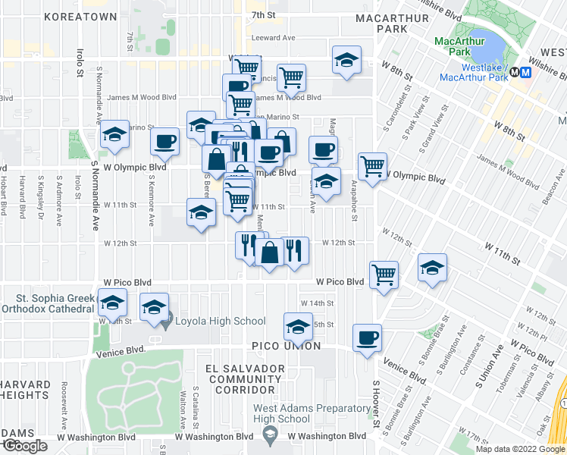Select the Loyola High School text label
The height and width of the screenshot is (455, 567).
(221, 321)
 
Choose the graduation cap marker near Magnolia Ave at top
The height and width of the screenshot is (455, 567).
(346, 60)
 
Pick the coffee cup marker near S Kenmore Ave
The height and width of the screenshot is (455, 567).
(164, 141)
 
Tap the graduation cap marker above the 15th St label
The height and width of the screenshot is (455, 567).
(298, 326)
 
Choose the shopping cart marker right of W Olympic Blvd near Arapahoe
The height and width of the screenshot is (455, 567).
(372, 166)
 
